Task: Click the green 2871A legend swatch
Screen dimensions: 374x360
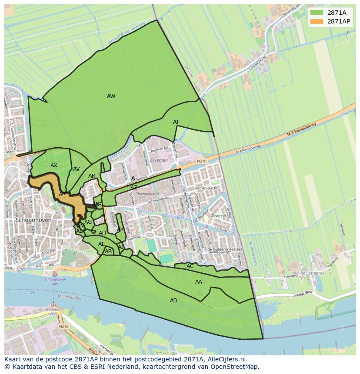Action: [317, 13]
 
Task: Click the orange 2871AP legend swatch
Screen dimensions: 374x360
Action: [317, 21]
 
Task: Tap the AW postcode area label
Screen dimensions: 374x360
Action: [111, 96]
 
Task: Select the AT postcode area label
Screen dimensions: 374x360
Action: [176, 122]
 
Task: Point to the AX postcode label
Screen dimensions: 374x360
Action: [54, 165]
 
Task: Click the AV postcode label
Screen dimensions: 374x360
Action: [77, 169]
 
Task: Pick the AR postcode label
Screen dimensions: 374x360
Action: [92, 176]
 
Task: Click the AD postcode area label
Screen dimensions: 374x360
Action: [173, 301]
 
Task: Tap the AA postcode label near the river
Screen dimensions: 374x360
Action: [199, 282]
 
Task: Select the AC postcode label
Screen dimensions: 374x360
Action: [190, 266]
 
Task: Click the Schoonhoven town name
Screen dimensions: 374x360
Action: [33, 220]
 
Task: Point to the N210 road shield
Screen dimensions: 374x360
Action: [202, 161]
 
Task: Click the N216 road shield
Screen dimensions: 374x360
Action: [63, 326]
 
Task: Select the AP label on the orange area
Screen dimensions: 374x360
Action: [62, 195]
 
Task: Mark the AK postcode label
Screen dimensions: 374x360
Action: [120, 229]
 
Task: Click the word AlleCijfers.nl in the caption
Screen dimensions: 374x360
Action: [225, 360]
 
